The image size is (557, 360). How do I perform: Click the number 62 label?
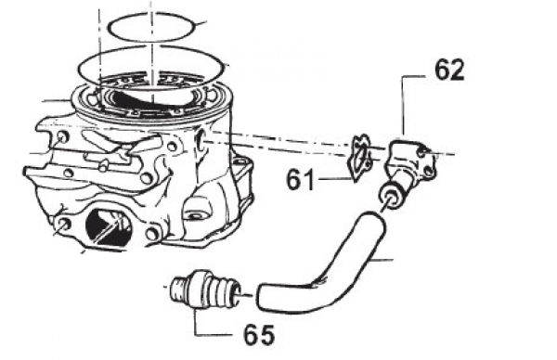(x=449, y=71)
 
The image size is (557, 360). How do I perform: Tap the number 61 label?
(x=300, y=180)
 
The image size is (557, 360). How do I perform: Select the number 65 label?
(x=259, y=334)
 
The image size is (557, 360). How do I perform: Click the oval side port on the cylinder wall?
(x=201, y=139)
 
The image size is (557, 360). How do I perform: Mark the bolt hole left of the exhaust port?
(x=64, y=224)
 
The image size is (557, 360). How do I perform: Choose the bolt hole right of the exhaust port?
(x=151, y=234)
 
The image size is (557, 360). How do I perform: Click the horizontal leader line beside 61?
(x=334, y=178)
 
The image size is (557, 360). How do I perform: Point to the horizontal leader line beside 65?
(x=214, y=334)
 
